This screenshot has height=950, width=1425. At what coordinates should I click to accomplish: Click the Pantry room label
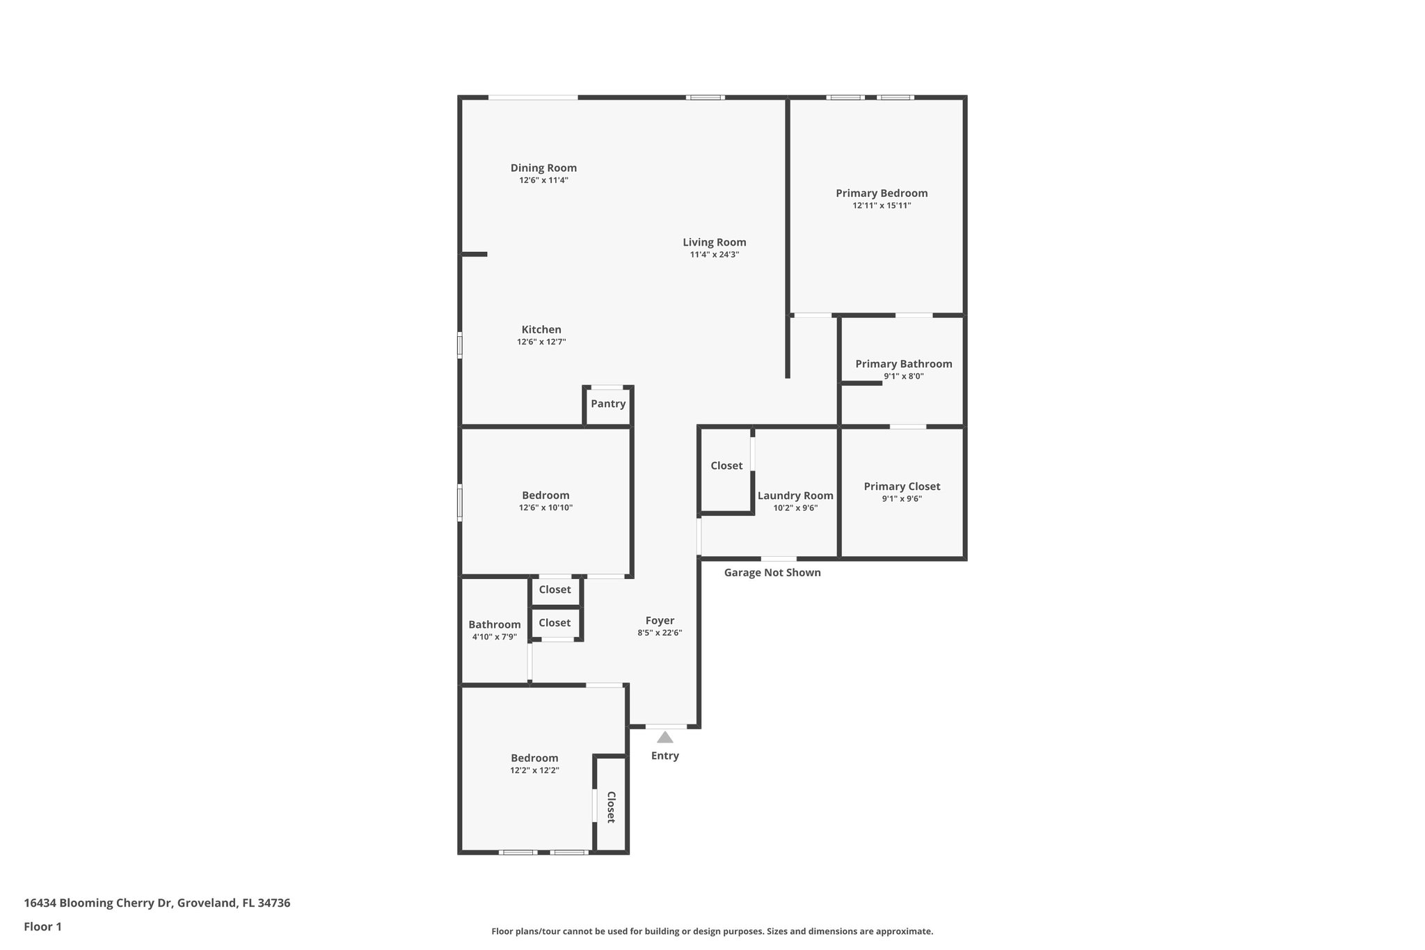(608, 404)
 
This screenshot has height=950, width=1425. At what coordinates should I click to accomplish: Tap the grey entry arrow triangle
(664, 738)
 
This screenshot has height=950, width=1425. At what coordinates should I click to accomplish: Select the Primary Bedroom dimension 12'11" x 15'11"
(882, 206)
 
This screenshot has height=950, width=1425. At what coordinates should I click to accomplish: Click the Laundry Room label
(795, 496)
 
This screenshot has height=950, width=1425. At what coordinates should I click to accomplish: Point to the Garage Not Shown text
(772, 573)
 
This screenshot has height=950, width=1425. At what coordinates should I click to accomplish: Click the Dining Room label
(543, 168)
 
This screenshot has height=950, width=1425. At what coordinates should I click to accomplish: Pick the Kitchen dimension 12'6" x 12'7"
(541, 342)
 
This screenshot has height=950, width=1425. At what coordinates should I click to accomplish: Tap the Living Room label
(714, 242)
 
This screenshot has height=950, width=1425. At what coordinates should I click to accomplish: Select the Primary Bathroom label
(903, 364)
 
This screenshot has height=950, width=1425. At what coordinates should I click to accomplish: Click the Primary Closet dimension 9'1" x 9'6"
(902, 499)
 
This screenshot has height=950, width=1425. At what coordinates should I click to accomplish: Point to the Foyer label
(660, 621)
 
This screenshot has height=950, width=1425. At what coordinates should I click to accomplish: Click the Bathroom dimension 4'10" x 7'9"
(494, 637)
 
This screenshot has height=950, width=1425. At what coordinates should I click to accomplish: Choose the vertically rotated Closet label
(611, 807)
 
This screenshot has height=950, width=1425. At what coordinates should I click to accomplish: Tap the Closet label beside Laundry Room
(726, 466)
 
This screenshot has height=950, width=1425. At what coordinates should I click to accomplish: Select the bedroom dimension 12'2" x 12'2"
(534, 770)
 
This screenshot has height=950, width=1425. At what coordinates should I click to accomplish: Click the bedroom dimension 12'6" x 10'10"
(546, 508)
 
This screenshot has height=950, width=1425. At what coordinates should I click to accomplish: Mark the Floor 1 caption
(42, 927)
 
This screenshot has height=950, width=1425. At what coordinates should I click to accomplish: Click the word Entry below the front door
(664, 756)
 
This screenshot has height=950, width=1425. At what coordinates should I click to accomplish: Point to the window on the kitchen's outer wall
(460, 345)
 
